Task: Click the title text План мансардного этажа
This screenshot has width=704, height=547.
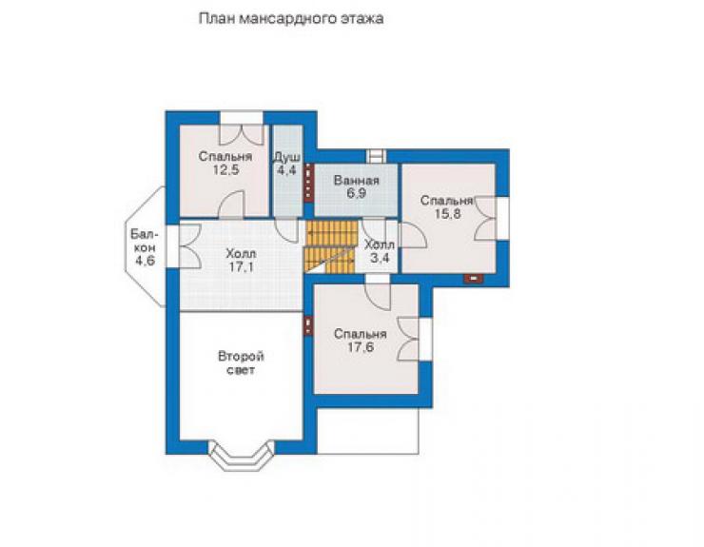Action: point(291,19)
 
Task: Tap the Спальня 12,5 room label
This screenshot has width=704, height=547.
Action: point(225,163)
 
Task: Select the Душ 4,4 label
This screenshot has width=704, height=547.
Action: point(287,164)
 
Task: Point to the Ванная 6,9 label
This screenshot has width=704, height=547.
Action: point(357,186)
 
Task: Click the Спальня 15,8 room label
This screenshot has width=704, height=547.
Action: point(447,207)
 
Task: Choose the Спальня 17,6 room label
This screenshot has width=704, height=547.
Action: point(361,341)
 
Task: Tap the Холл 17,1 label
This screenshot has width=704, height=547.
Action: point(241,261)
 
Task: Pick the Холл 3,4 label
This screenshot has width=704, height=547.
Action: point(380,251)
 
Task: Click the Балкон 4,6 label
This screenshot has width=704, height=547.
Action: point(145,247)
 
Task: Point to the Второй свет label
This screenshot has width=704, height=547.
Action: point(241,363)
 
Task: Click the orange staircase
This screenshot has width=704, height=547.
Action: point(331,246)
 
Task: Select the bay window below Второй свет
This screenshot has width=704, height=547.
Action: point(242,456)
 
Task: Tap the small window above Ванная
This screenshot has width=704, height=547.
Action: point(376,156)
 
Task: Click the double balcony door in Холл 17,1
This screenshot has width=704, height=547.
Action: point(189,246)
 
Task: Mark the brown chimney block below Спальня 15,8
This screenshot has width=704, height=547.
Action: point(473,279)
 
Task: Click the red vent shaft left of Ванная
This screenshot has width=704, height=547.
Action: point(308,183)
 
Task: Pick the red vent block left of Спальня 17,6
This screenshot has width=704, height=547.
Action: point(308,326)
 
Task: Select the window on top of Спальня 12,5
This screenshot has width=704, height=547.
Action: point(241,118)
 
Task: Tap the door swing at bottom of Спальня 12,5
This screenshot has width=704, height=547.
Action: point(231,205)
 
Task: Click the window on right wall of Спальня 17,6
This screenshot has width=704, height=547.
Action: point(425,339)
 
